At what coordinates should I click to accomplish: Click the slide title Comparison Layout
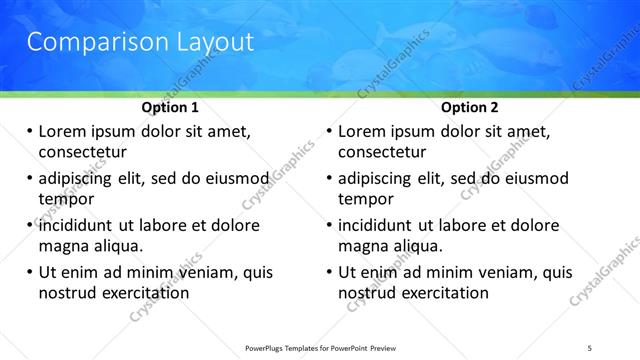[139, 42]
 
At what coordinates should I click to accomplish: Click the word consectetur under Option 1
[82, 152]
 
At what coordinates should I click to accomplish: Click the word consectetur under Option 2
[382, 152]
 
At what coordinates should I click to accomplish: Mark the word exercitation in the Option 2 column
[442, 293]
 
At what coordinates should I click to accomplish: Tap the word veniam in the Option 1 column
[211, 272]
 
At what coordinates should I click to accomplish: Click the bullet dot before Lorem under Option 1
[29, 132]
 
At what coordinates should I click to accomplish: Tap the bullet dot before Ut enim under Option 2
[329, 272]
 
